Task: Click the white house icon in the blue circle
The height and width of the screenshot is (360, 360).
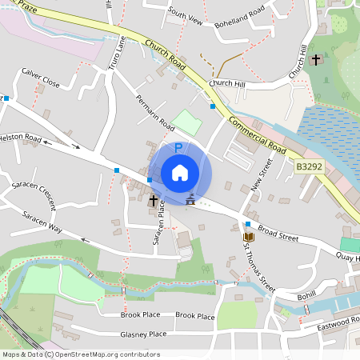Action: tap(180, 173)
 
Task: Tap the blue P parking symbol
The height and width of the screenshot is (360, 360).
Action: tap(178, 148)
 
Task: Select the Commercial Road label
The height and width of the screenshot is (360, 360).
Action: tap(257, 133)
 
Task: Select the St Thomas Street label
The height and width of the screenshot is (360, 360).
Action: tap(259, 269)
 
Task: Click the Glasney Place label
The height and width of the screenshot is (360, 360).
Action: tap(143, 334)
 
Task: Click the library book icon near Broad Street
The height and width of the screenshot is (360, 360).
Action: tap(248, 237)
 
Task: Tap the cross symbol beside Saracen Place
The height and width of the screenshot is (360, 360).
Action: tap(153, 202)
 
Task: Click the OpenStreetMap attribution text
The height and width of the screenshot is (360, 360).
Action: tap(81, 354)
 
